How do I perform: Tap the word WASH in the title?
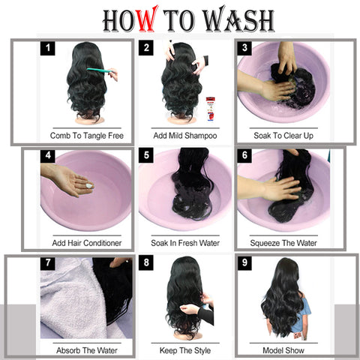[238, 19]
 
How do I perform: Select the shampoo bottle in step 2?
[210, 109]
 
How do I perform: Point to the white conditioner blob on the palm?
[89, 186]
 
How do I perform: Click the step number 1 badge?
[47, 48]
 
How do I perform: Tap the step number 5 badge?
[146, 155]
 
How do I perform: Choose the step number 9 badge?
[244, 262]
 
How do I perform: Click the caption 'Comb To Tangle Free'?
[87, 136]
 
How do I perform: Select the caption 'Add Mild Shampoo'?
[185, 136]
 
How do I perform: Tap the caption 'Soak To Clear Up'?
[283, 136]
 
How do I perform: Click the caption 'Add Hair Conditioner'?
[87, 243]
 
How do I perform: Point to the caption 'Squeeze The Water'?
[283, 243]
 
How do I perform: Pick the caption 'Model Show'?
[283, 350]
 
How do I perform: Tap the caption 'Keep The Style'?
[185, 351]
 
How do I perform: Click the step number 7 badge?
[47, 262]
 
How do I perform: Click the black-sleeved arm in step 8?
[205, 316]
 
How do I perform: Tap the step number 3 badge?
[244, 48]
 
